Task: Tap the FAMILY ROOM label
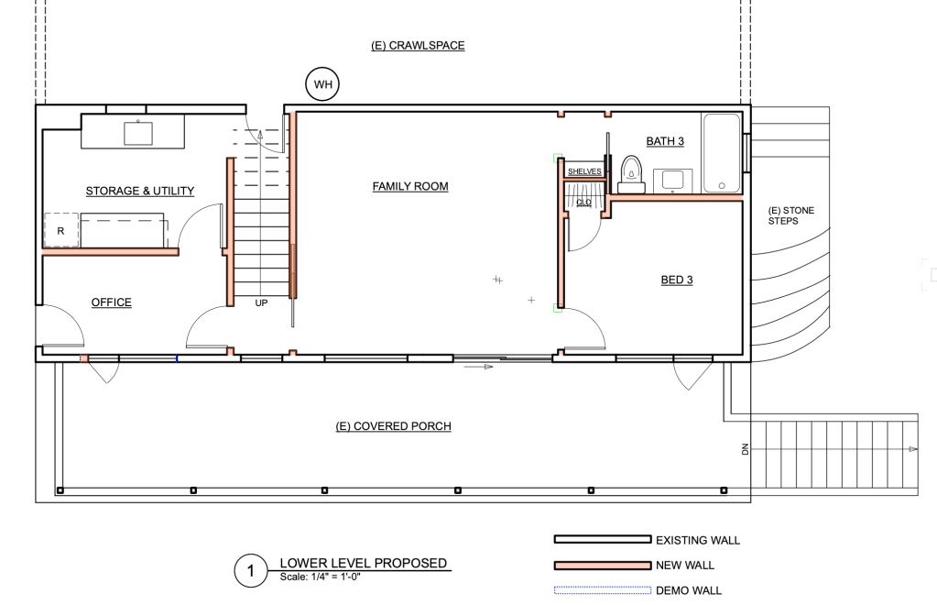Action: (410, 186)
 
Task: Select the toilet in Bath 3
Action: (631, 174)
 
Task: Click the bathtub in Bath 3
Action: (721, 153)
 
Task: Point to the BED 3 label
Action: (677, 280)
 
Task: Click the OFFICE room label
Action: (111, 302)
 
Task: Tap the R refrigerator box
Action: (60, 230)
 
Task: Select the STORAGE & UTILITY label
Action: (140, 192)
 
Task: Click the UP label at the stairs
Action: (261, 303)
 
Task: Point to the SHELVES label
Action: (584, 171)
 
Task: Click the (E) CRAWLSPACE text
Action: (418, 46)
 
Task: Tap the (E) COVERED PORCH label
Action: (393, 426)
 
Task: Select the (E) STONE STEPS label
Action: (790, 215)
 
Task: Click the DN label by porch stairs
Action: (746, 449)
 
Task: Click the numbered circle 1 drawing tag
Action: (250, 570)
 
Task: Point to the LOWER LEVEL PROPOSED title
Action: (364, 563)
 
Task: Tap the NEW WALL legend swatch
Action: (603, 565)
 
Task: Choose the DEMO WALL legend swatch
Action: (603, 590)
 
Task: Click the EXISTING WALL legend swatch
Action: (603, 539)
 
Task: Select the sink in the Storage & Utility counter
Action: (138, 133)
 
